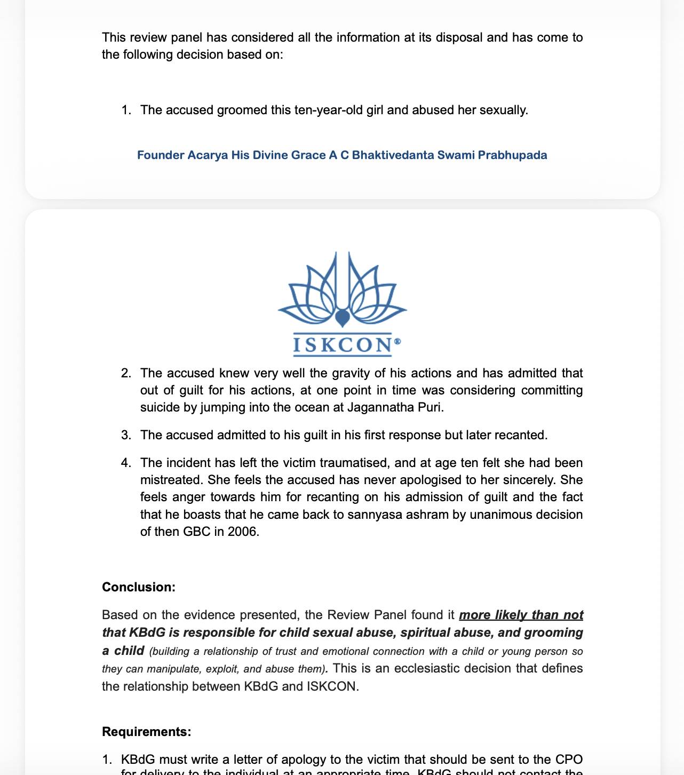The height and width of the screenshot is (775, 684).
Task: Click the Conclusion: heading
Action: (139, 587)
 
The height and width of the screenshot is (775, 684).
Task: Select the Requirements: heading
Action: (146, 731)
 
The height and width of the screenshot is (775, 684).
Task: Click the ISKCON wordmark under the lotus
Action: (343, 345)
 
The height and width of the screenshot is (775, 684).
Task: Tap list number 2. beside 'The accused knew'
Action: (126, 373)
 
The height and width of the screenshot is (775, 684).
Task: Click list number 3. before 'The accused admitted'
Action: (126, 435)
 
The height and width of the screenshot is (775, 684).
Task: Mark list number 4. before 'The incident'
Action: (126, 463)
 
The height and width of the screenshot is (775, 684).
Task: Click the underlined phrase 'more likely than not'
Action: (521, 615)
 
